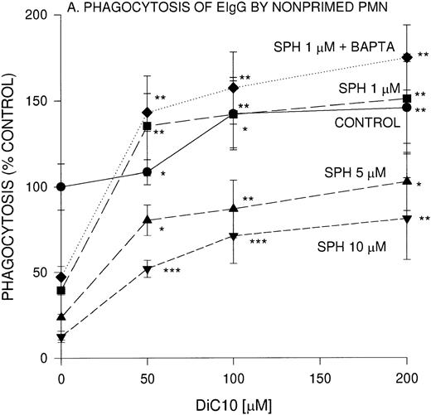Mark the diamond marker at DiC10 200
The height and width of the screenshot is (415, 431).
406,57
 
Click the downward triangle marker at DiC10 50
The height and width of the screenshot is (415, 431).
147,270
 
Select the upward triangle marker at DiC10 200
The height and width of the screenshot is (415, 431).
406,180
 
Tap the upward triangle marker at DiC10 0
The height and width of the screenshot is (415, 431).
61,316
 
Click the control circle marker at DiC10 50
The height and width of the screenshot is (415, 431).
147,172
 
